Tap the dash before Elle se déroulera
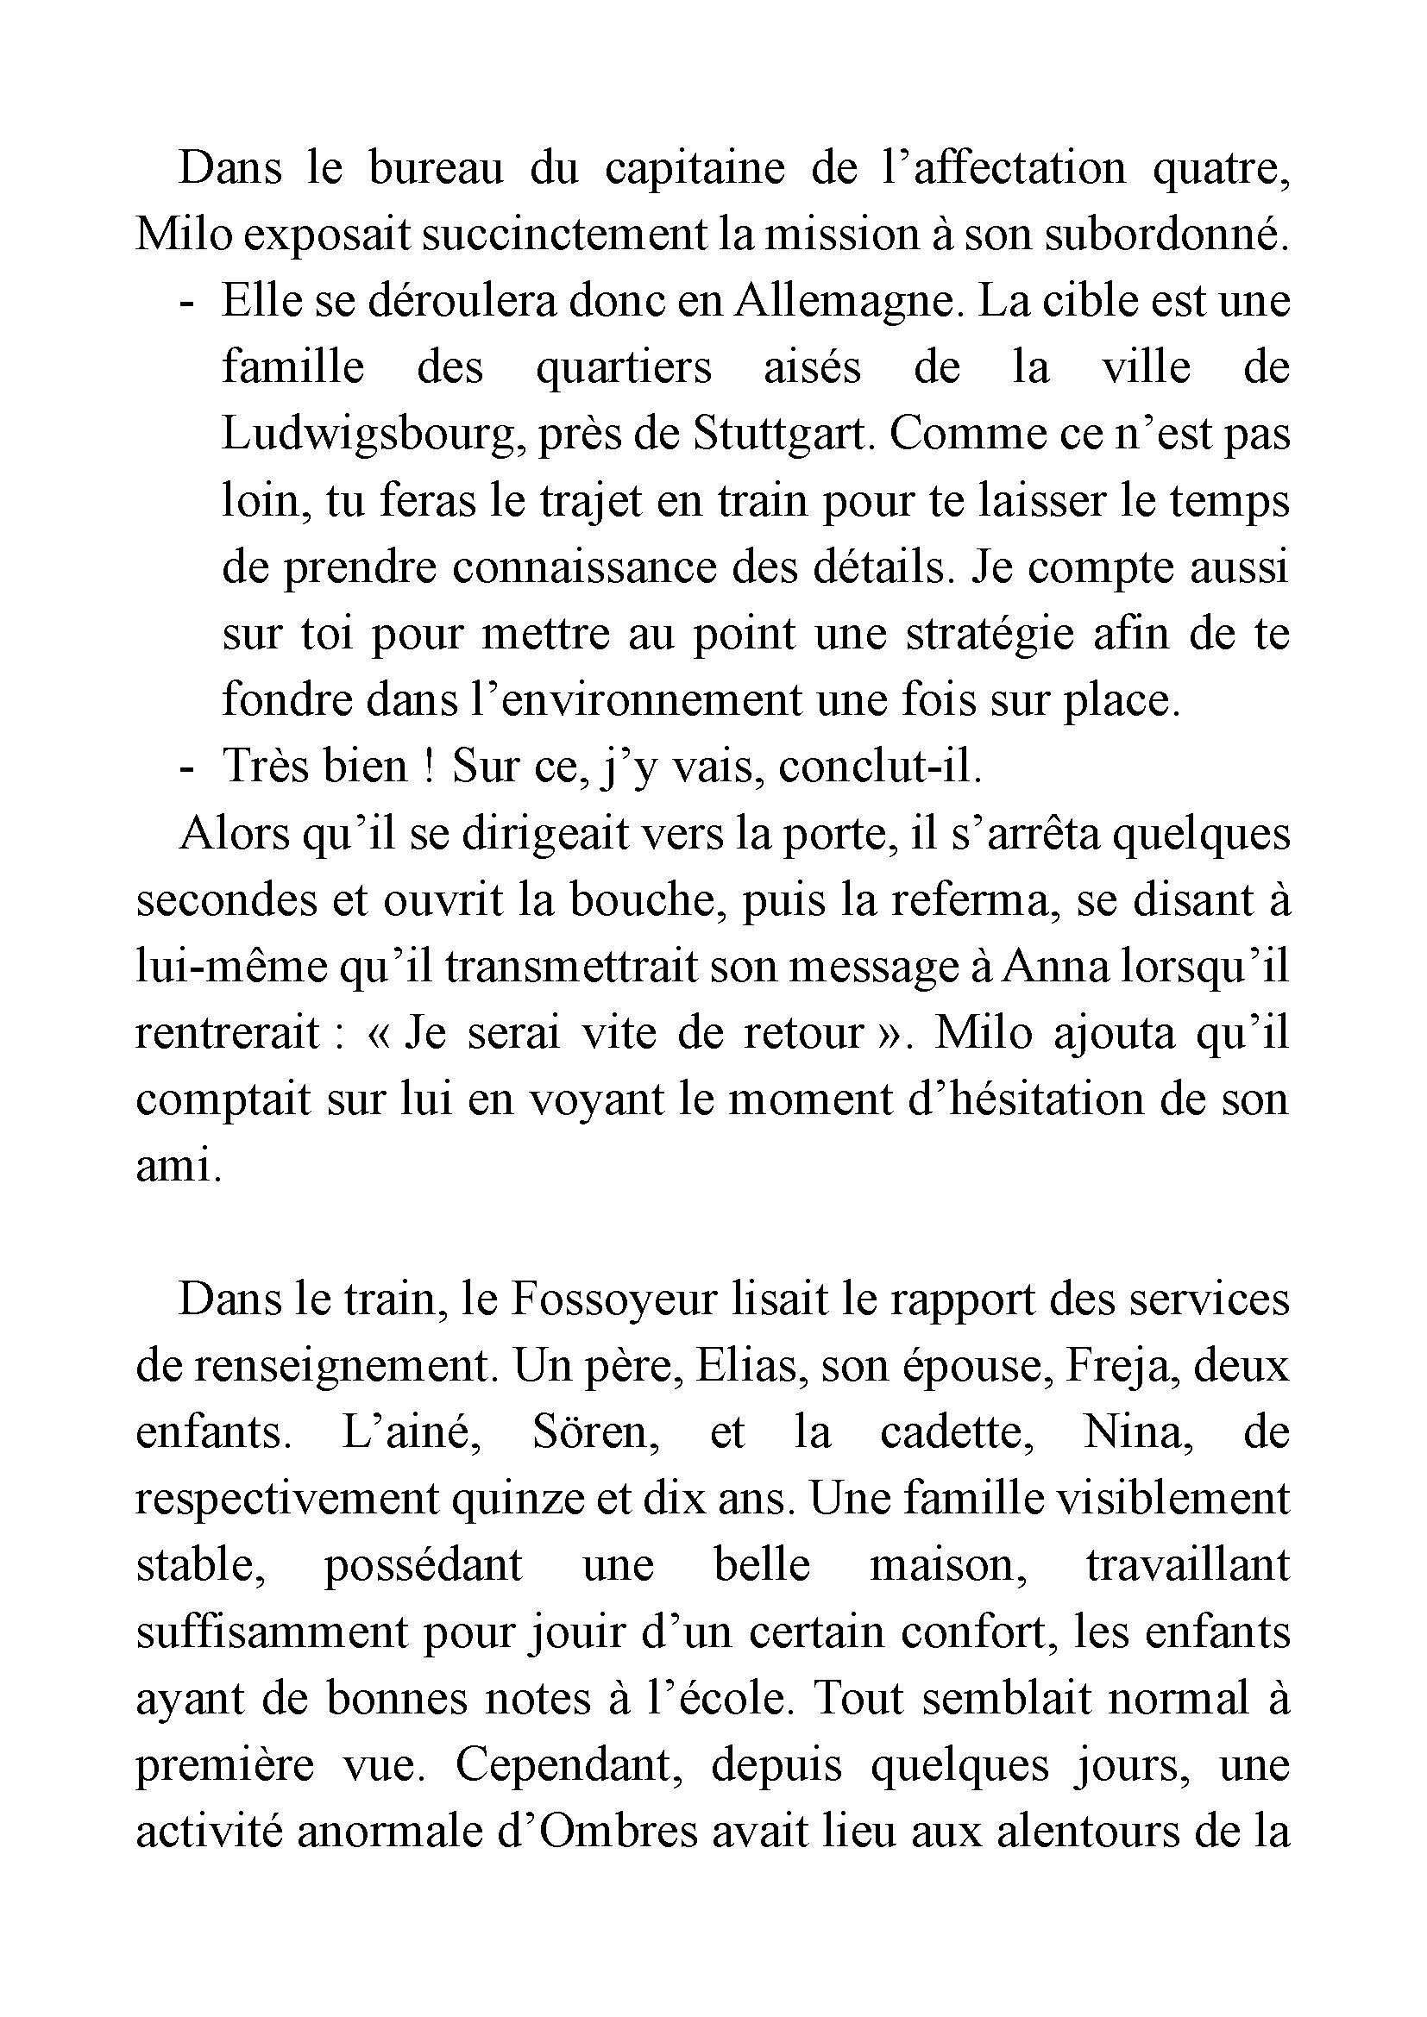point(185,301)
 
